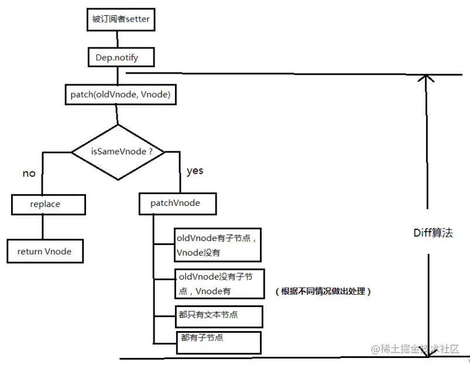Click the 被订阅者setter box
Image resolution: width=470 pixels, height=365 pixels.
click(121, 20)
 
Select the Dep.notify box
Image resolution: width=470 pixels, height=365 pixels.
click(117, 57)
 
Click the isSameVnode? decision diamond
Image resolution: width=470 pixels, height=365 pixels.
click(118, 152)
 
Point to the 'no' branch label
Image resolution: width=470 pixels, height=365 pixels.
click(29, 173)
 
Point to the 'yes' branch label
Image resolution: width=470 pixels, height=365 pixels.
click(195, 171)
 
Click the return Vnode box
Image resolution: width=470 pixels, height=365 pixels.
click(44, 251)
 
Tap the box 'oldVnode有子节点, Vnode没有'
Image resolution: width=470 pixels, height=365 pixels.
click(217, 245)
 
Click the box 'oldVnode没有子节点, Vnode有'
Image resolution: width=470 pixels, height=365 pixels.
click(219, 283)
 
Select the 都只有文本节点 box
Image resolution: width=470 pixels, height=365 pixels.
click(218, 315)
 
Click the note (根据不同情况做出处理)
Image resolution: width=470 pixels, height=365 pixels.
click(323, 291)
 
